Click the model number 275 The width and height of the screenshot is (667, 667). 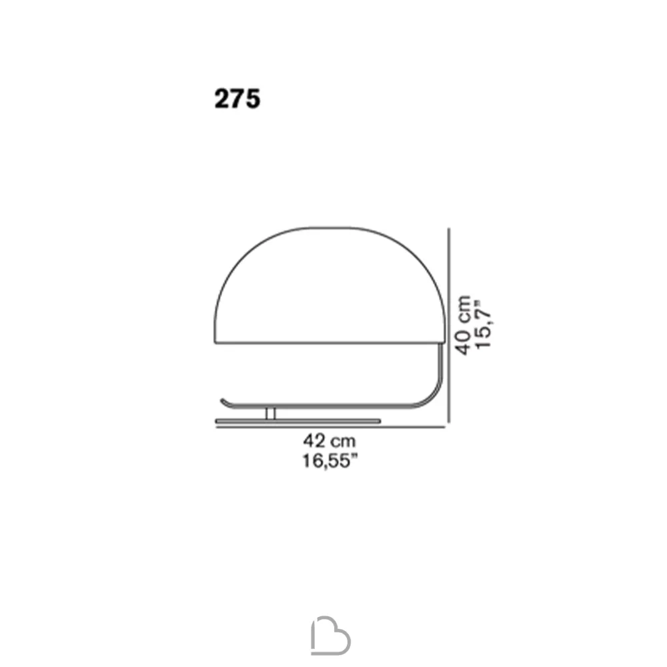237,99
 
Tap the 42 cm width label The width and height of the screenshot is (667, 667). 329,441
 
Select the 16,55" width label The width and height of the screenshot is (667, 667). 329,461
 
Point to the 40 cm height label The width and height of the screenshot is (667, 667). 464,325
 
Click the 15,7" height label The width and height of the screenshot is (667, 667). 484,325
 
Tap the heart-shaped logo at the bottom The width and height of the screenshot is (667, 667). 331,635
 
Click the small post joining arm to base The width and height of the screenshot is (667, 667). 271,414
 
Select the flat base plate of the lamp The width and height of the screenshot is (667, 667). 297,421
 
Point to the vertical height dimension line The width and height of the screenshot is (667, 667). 449,325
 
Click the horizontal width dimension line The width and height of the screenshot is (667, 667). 331,427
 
